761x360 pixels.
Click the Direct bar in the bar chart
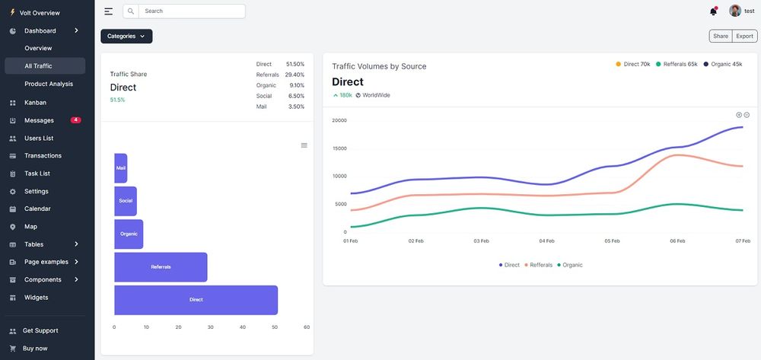(196, 300)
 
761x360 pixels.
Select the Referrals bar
(161, 267)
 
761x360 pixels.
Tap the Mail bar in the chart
(121, 168)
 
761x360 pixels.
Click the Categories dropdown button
(126, 36)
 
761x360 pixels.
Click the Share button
(720, 36)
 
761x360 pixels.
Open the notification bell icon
(713, 11)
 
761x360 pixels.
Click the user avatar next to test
(735, 11)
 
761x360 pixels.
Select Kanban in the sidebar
(35, 102)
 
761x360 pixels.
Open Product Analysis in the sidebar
(49, 84)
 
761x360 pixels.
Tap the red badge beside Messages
(75, 120)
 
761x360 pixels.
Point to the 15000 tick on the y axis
(339, 148)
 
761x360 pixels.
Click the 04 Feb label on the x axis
(546, 241)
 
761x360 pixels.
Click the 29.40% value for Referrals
(295, 75)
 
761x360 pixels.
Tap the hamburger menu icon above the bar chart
(304, 145)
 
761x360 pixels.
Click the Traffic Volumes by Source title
(379, 66)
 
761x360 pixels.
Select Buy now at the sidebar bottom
(35, 348)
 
